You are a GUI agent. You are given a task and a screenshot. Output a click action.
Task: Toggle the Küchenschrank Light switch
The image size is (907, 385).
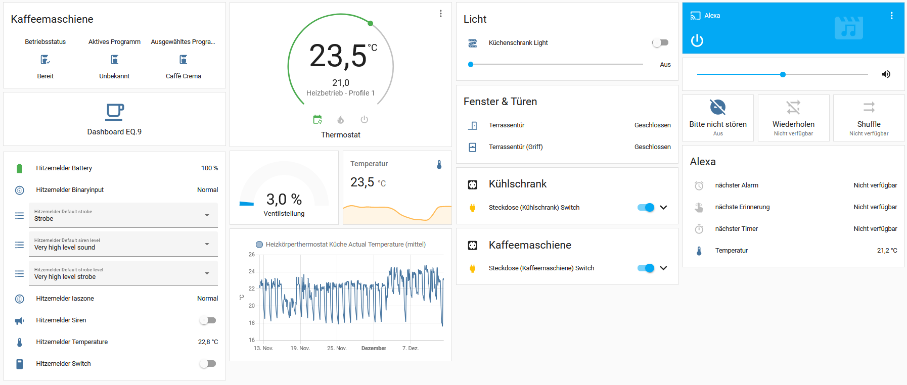click(x=660, y=43)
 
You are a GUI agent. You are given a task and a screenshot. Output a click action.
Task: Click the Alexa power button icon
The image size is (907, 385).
click(x=697, y=40)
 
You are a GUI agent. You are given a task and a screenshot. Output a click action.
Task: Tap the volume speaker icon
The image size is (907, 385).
click(x=886, y=74)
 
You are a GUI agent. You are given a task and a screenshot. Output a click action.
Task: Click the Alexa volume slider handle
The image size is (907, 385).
click(x=783, y=74)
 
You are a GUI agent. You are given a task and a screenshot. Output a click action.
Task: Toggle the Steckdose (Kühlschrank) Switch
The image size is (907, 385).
click(x=646, y=208)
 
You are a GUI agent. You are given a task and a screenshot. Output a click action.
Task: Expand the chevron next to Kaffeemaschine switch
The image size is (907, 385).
click(x=664, y=268)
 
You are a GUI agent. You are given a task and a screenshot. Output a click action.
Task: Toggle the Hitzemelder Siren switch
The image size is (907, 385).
click(x=208, y=320)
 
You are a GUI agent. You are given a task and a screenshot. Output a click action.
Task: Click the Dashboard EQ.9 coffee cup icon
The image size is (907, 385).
click(x=115, y=112)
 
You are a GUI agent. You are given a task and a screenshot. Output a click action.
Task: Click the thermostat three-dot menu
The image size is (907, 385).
click(x=441, y=14)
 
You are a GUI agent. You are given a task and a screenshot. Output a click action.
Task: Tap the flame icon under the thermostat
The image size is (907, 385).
click(x=341, y=120)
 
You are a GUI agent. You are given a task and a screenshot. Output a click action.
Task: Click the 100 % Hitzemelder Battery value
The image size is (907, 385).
click(x=209, y=168)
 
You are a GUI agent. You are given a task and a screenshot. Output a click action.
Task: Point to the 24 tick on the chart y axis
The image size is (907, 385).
click(x=252, y=272)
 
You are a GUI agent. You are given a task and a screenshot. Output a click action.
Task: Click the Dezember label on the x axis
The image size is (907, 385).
click(x=374, y=349)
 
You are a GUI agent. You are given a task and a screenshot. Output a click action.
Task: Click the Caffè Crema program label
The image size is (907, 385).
click(x=184, y=76)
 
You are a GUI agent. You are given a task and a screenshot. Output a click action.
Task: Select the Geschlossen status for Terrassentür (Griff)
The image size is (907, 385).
click(x=652, y=147)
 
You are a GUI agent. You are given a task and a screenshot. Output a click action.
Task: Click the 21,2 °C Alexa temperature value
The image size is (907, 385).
click(x=887, y=251)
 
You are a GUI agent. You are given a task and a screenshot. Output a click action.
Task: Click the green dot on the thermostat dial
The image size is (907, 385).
click(x=371, y=23)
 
